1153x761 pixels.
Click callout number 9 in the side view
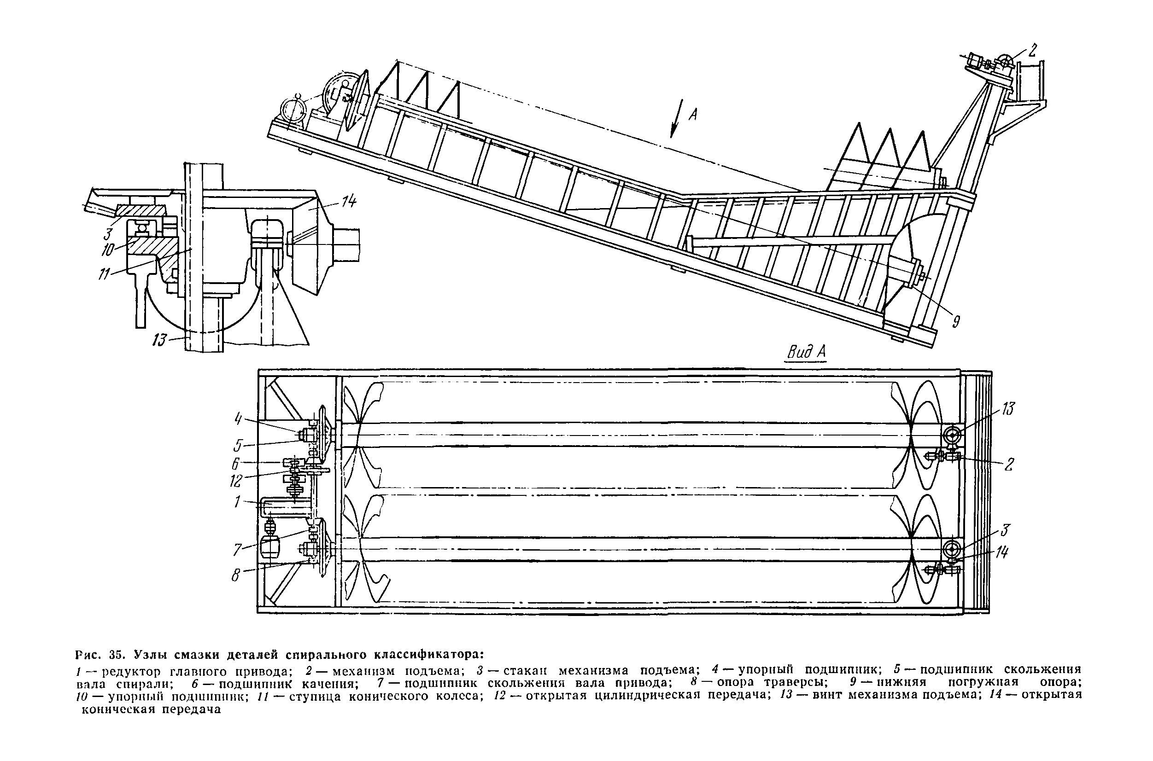point(955,321)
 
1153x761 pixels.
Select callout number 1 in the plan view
point(237,501)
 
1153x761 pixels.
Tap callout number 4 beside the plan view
point(238,418)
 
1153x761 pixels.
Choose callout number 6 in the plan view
point(236,464)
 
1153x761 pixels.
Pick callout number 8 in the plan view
point(236,575)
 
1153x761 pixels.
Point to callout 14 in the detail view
point(349,201)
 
